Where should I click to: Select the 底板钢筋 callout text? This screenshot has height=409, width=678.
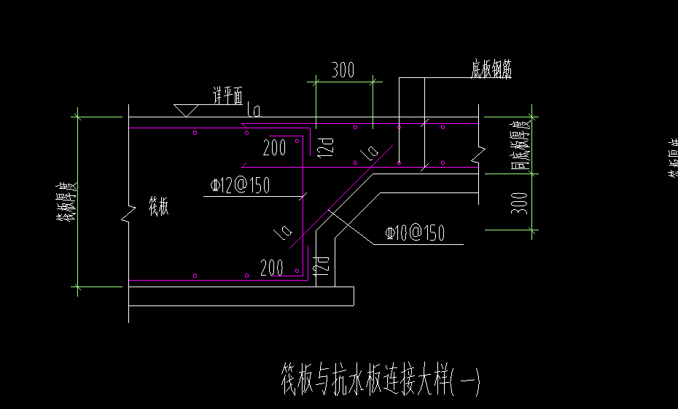(x=491, y=71)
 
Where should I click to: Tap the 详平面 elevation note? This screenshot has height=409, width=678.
(x=227, y=96)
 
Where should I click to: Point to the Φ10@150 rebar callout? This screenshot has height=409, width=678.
(x=414, y=234)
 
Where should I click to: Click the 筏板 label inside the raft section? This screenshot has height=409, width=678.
(x=158, y=207)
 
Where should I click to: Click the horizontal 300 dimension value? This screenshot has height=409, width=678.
(x=343, y=71)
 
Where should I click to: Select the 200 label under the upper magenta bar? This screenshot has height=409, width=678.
(x=274, y=148)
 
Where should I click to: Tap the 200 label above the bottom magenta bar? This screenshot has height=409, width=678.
(x=271, y=267)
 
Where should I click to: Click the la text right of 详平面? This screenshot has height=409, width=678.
(x=254, y=110)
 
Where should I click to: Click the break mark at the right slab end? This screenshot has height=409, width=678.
(x=478, y=155)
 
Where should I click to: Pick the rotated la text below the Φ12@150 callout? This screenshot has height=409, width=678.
(x=283, y=232)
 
